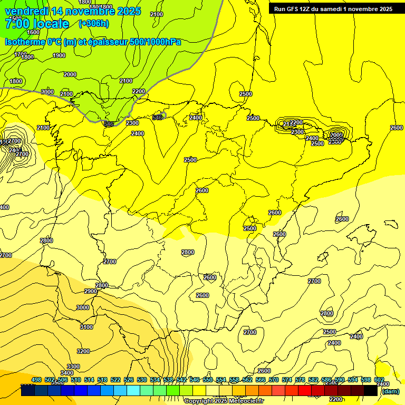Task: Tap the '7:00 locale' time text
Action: coord(37,24)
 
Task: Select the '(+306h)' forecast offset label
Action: coord(93,24)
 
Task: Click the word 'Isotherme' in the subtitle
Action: coord(24,41)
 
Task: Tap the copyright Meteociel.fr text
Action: coord(224,401)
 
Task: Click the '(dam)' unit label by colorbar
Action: coord(390,391)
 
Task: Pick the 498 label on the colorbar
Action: coord(36,380)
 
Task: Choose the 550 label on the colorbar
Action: coord(208,380)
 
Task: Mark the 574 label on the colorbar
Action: coord(287,380)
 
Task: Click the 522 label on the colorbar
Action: coord(115,380)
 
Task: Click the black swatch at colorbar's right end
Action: coord(371,391)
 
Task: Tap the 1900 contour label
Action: coord(59,56)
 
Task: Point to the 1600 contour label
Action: coord(33,47)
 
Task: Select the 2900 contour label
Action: coord(91,291)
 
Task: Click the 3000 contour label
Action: coord(83,307)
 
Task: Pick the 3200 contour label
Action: coord(83,351)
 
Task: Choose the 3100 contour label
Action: coord(86,327)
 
